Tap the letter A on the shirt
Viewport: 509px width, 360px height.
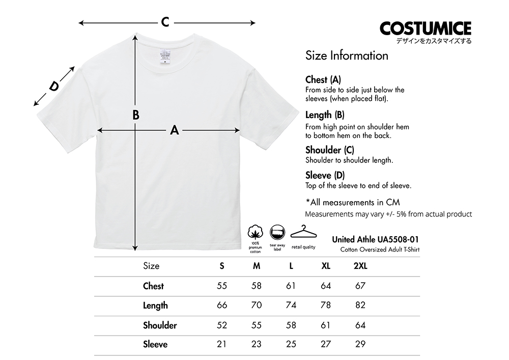click(175, 130)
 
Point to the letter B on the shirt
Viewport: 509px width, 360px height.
click(136, 115)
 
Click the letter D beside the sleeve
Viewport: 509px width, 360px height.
click(53, 87)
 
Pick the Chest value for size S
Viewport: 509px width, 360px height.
click(222, 286)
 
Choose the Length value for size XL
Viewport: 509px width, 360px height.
click(326, 305)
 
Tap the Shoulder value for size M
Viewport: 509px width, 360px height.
click(257, 325)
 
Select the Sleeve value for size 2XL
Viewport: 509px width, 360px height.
click(360, 344)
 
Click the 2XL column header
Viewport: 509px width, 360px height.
click(360, 266)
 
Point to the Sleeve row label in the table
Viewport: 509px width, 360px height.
click(155, 344)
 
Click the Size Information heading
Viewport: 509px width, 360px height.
click(347, 56)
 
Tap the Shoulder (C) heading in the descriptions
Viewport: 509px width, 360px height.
click(329, 150)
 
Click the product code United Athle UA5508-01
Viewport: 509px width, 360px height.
click(376, 239)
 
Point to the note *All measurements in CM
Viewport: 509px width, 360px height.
click(352, 202)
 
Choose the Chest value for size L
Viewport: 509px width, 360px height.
click(291, 286)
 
